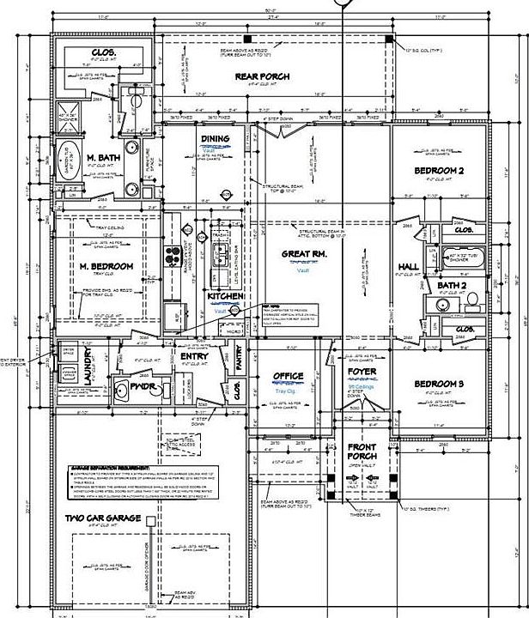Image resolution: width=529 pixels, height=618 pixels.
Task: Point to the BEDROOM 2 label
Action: (x=439, y=172)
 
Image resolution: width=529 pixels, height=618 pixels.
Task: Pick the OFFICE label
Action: (x=288, y=376)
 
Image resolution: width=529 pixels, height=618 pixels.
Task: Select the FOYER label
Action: (x=362, y=372)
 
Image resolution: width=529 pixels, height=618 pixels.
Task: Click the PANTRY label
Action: (x=239, y=364)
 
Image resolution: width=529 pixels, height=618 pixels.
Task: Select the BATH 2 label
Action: (x=451, y=285)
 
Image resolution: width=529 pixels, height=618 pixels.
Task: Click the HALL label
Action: (x=409, y=267)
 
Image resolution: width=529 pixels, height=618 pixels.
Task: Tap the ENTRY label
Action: (x=193, y=355)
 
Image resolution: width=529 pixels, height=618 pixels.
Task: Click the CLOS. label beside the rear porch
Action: (x=105, y=53)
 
